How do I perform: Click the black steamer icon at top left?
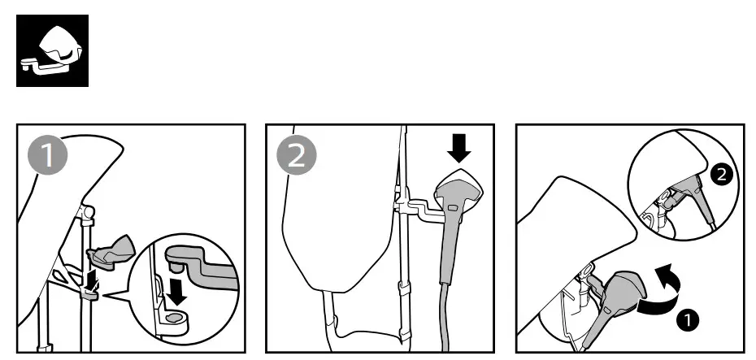click(x=53, y=50)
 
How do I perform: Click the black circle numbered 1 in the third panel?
click(x=688, y=319)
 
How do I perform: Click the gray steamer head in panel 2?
click(x=458, y=195)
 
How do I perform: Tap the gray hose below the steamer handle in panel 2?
click(x=444, y=317)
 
